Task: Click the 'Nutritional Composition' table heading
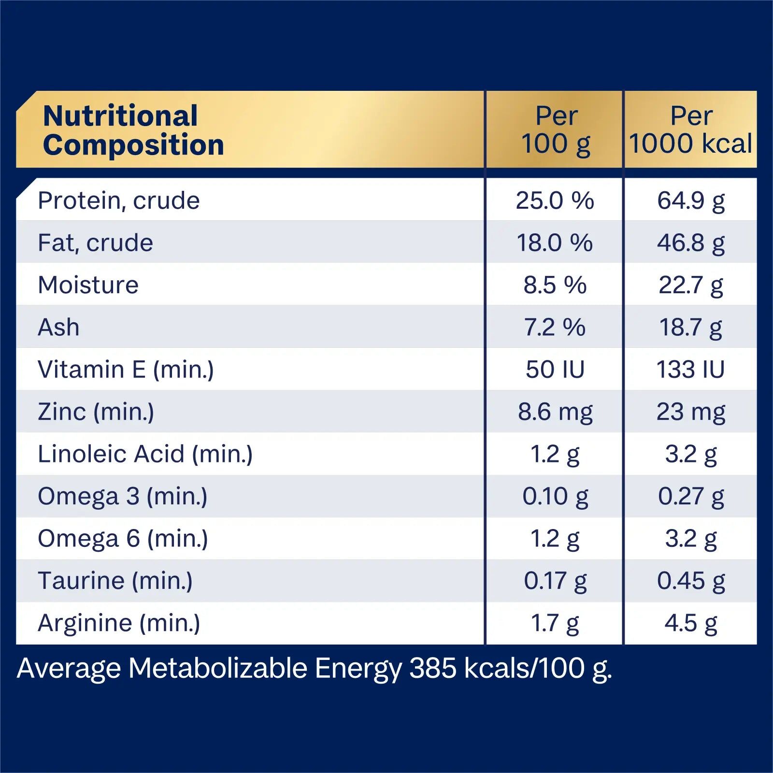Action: point(133,130)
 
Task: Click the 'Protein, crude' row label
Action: point(119,200)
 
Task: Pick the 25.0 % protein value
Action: point(555,200)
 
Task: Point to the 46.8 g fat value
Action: point(691,243)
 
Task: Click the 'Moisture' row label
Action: point(88,285)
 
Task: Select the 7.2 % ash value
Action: point(555,327)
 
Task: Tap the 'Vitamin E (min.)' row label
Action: point(126,370)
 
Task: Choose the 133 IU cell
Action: point(691,370)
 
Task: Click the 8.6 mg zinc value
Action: point(555,412)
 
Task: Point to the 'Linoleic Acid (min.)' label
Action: point(145,454)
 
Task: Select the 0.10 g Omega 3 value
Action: point(555,496)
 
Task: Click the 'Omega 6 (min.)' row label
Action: point(123,539)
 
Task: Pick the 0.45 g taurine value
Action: point(691,581)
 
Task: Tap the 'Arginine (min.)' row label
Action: point(119,623)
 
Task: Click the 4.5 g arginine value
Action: point(691,623)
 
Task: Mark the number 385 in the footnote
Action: point(433,669)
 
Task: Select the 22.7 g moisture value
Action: point(691,285)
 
